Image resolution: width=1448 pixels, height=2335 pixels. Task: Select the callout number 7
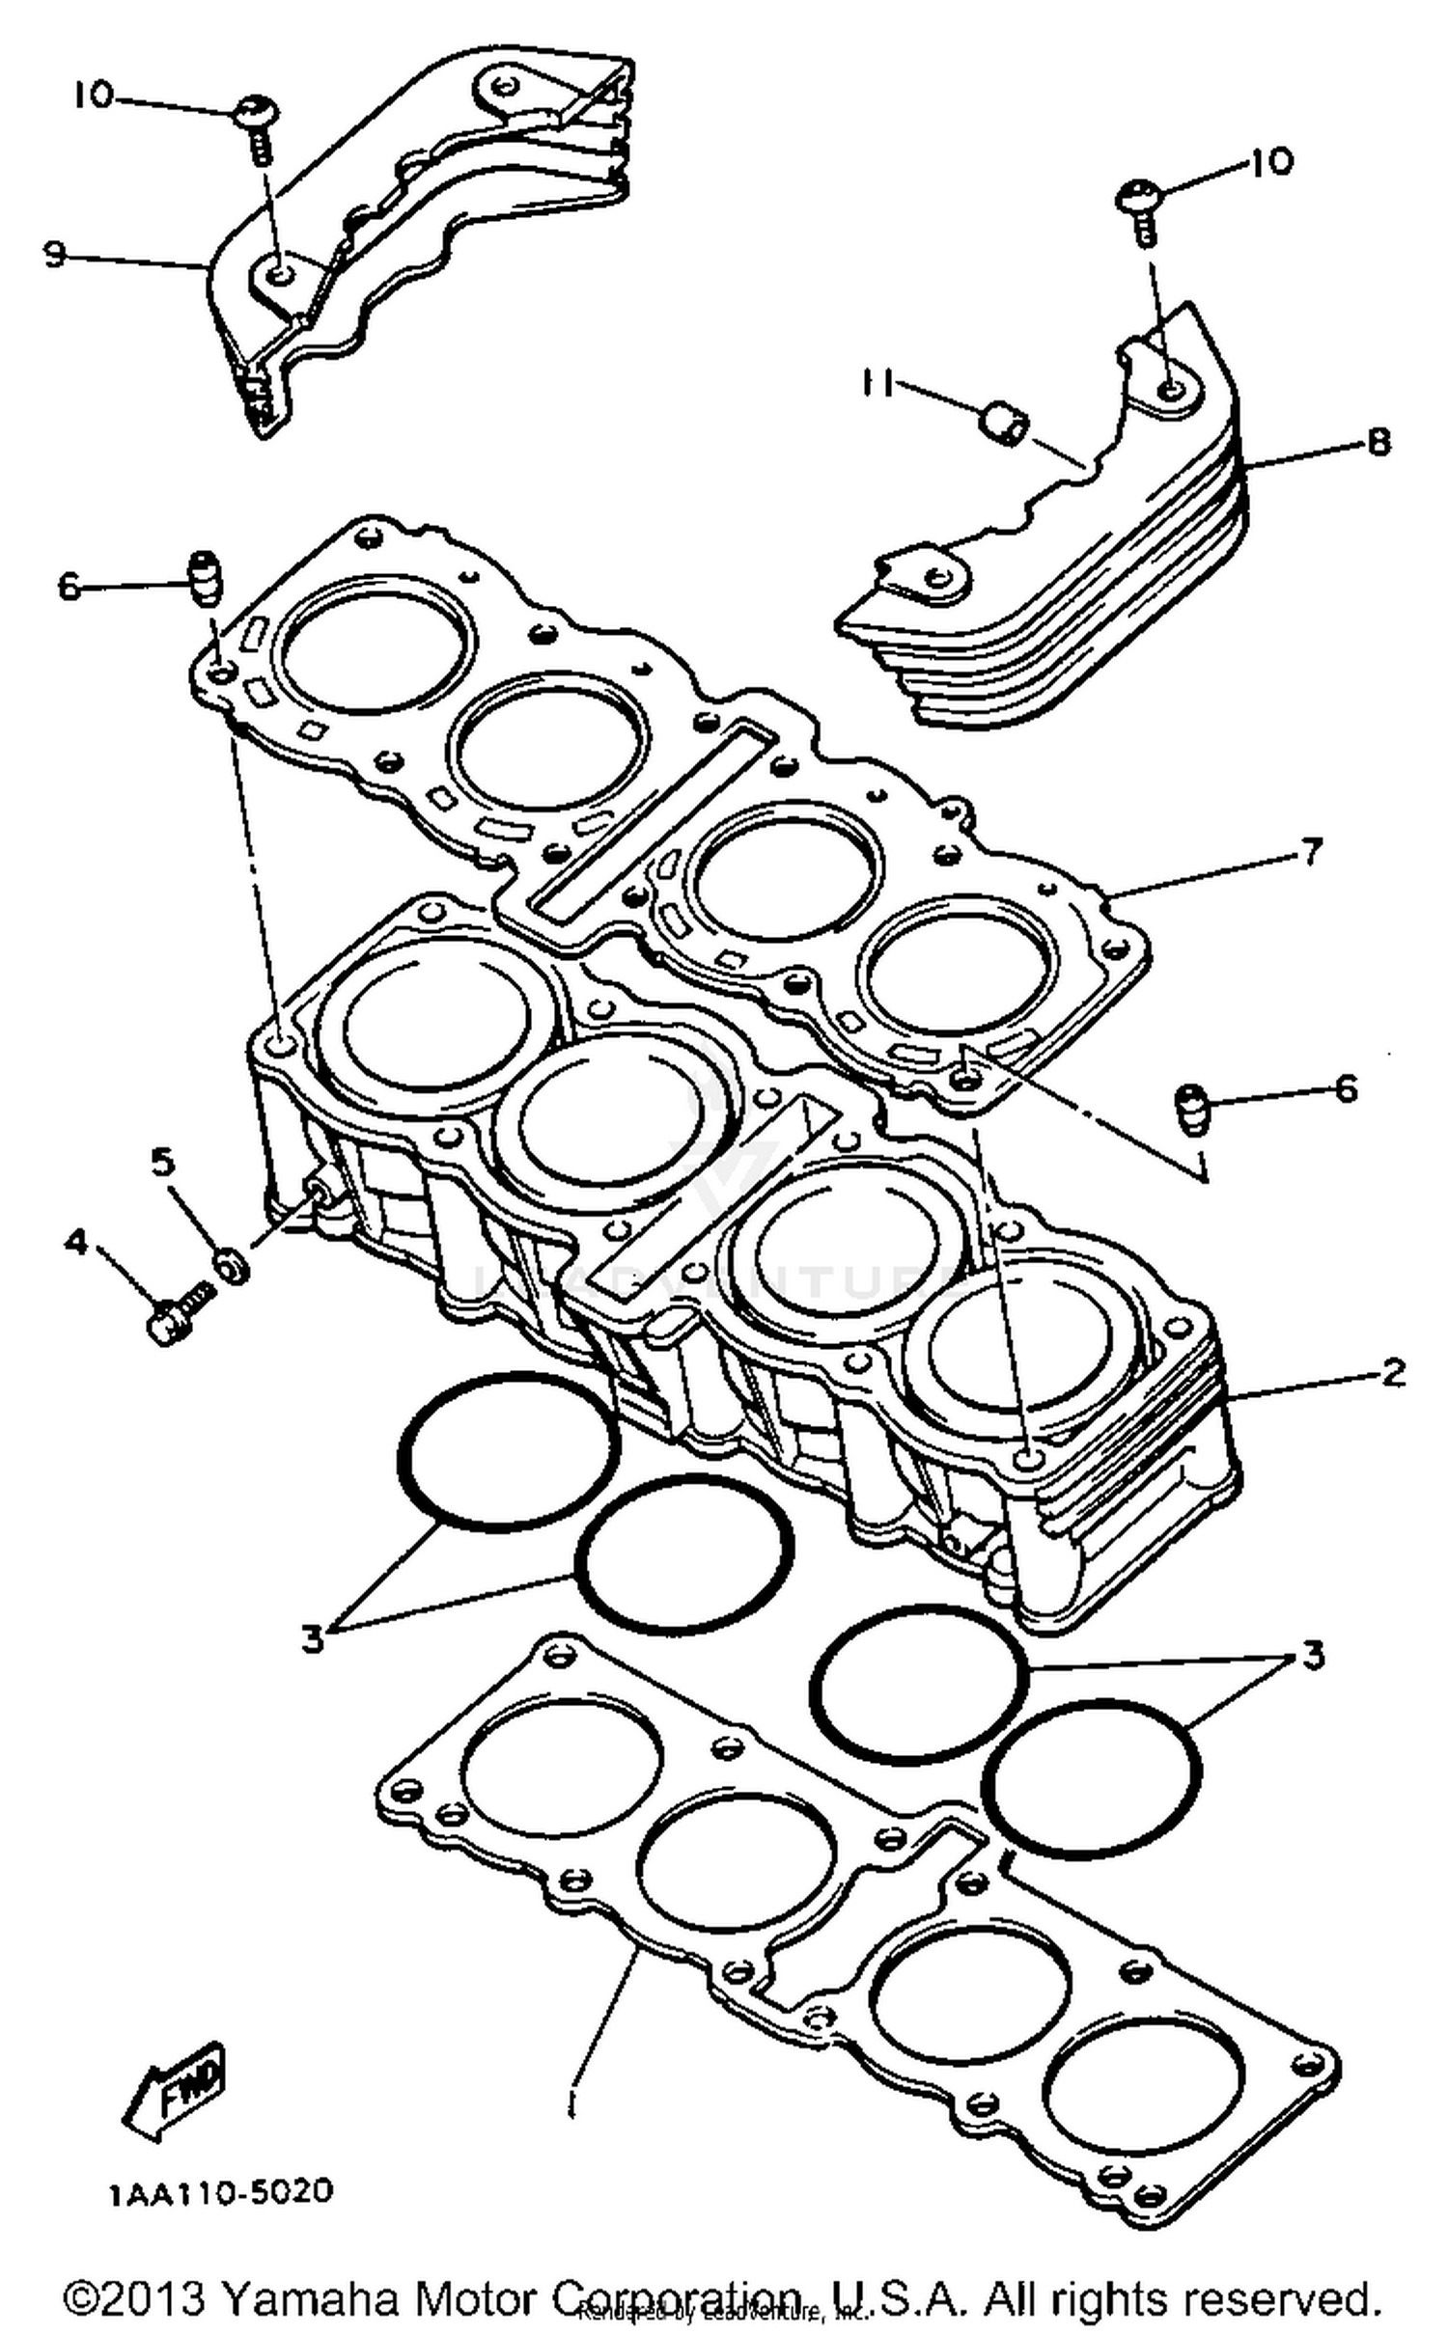pos(1310,853)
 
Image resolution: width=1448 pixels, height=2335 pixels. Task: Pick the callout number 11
pos(877,383)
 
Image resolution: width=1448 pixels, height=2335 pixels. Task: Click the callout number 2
pos(1393,1371)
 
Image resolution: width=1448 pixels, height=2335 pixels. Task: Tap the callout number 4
pos(75,1242)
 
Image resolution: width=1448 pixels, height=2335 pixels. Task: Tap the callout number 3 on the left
pos(312,1637)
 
